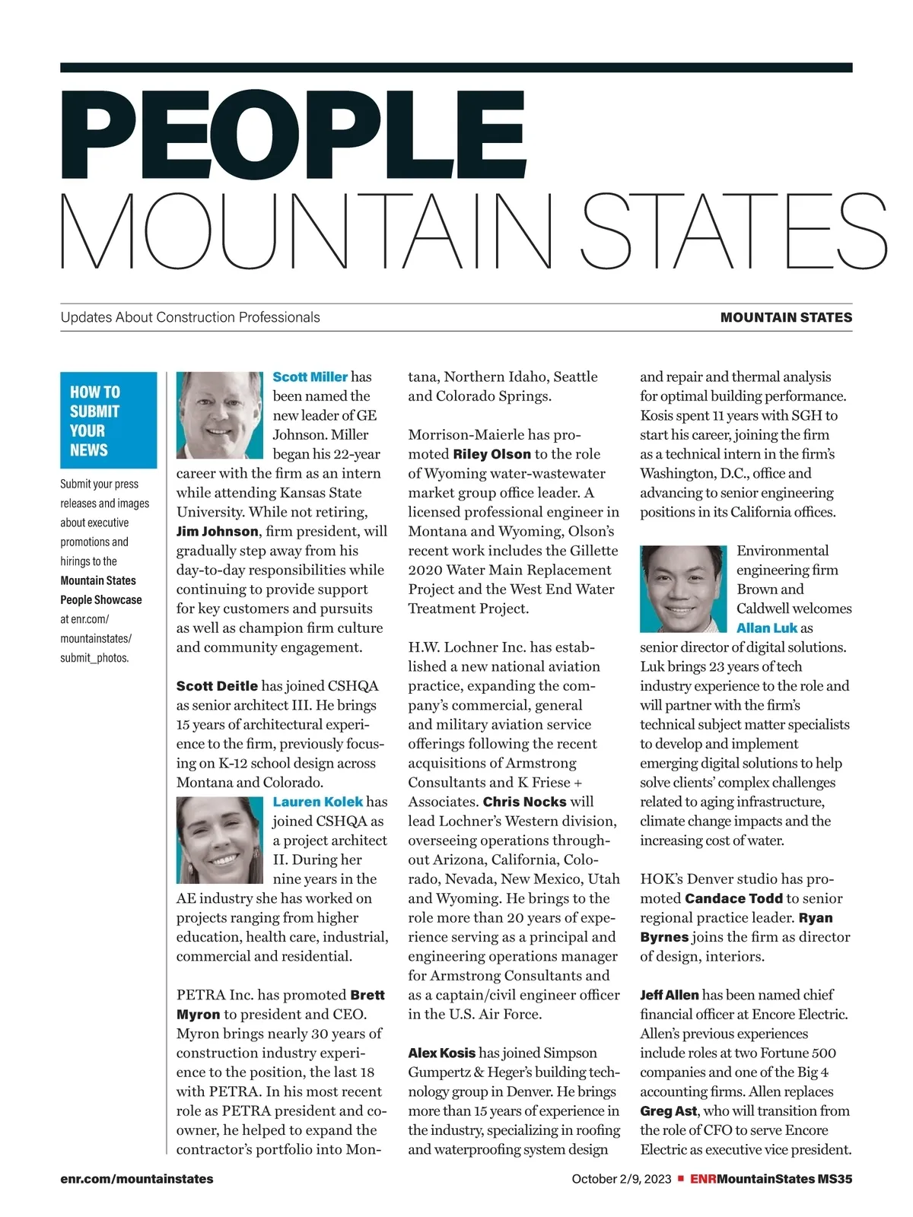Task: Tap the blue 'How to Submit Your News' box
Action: (108, 420)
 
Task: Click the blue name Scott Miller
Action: (310, 377)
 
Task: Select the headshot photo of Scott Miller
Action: (220, 415)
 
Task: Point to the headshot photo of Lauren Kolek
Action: (220, 840)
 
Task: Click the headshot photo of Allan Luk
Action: (683, 589)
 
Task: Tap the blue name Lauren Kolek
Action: (318, 802)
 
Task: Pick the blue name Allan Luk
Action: (767, 628)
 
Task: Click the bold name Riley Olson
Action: (491, 454)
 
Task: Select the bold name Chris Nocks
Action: (524, 802)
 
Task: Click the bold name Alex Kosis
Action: (441, 1053)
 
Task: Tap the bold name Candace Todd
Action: (733, 898)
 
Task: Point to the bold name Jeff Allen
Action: (669, 995)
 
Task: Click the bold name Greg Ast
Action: (668, 1111)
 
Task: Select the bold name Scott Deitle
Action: (217, 686)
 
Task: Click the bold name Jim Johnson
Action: (217, 531)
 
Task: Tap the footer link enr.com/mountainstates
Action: (137, 1179)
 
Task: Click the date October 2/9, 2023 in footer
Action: (622, 1179)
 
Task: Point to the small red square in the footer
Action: (681, 1179)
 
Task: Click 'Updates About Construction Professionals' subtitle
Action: (190, 317)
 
